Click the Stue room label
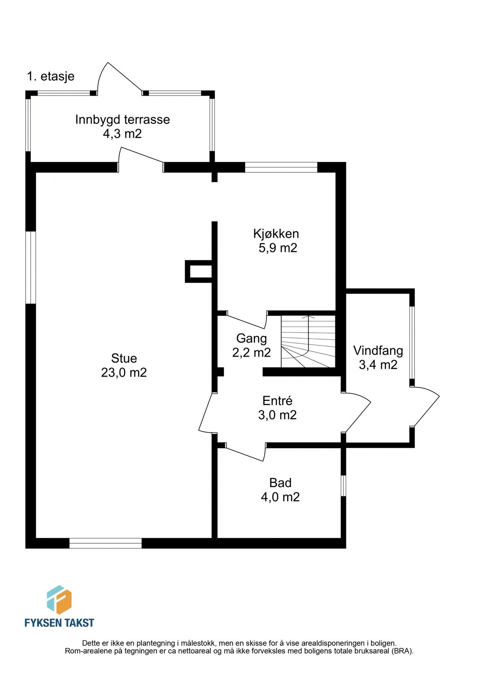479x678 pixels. (x=124, y=358)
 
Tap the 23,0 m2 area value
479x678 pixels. (x=124, y=373)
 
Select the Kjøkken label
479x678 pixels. (x=276, y=234)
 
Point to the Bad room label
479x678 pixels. (x=280, y=483)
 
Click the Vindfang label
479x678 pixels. (x=378, y=351)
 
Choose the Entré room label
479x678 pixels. (x=277, y=400)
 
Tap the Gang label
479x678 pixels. (x=251, y=339)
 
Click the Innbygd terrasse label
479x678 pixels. (x=123, y=120)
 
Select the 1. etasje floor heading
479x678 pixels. (x=51, y=76)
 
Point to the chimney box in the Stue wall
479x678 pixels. (x=198, y=271)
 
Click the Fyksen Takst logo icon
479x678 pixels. (x=59, y=600)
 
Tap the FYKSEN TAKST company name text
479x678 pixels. (x=59, y=623)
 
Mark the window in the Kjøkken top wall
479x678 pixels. (x=281, y=167)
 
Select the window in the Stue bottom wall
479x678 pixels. (x=106, y=543)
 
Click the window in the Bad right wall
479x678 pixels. (x=343, y=486)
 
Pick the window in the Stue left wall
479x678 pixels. (x=30, y=267)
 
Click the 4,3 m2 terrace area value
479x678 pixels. (x=122, y=134)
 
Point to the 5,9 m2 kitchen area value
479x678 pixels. (x=278, y=248)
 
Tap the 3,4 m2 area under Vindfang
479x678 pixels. (x=378, y=365)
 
